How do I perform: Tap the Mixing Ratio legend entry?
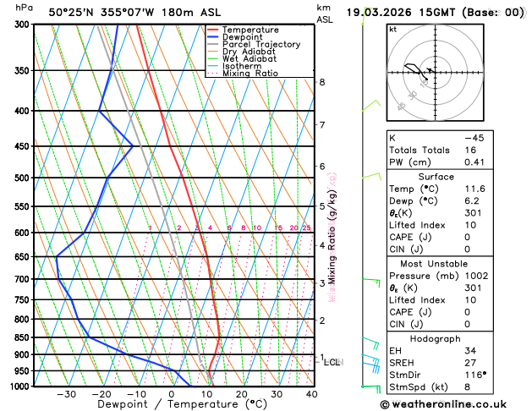click(x=249, y=74)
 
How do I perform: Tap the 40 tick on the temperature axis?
click(x=311, y=395)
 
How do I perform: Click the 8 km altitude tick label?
click(x=322, y=82)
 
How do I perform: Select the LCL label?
click(x=332, y=362)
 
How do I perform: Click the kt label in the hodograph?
click(x=392, y=29)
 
